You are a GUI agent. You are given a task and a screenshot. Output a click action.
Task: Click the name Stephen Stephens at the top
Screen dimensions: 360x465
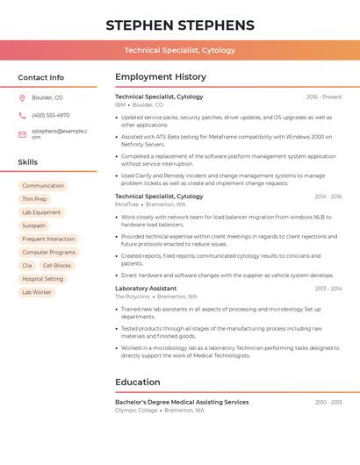(180, 25)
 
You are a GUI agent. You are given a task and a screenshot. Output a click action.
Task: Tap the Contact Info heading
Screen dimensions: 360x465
(40, 77)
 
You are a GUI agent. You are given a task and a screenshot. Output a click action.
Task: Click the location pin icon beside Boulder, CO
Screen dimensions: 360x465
(22, 97)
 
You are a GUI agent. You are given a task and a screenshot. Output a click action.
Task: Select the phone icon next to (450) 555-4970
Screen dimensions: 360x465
(22, 115)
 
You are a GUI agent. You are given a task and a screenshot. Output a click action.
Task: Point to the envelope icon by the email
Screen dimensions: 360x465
(22, 134)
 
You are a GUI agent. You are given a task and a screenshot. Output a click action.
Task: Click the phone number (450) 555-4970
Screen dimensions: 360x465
(50, 115)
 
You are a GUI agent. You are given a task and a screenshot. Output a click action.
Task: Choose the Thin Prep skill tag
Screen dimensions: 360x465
(34, 199)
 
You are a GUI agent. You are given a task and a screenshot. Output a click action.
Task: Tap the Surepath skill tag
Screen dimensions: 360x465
(33, 225)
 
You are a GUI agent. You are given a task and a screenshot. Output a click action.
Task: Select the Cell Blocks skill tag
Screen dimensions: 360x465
(56, 265)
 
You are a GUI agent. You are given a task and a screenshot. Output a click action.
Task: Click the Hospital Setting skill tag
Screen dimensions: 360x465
(42, 279)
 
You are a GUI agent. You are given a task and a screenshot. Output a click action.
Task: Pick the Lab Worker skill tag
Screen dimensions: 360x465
(36, 292)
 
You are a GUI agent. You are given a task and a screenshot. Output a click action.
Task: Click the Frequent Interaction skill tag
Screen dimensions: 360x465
(48, 239)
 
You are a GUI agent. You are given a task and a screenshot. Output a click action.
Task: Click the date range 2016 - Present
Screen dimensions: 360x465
(324, 97)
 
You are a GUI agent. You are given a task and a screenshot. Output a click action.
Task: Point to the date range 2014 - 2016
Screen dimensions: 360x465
(328, 197)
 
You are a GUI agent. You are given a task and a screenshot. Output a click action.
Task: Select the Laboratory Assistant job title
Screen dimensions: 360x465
(146, 289)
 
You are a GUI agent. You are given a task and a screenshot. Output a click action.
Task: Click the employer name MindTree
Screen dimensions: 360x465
(127, 204)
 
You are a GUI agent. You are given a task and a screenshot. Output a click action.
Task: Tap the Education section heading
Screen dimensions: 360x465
(138, 383)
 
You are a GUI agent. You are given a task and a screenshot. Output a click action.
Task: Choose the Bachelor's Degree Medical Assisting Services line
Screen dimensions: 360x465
(182, 402)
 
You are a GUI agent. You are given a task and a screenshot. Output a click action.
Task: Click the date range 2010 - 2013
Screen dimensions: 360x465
(328, 402)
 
